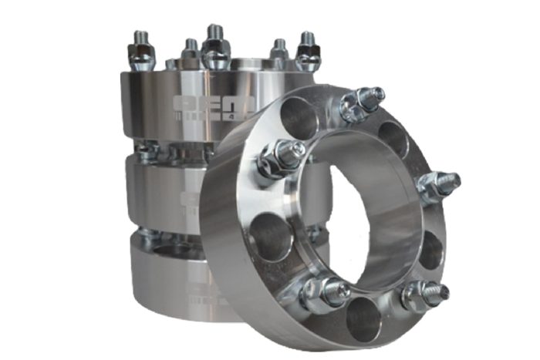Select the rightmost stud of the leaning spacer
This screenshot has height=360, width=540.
coord(437,186)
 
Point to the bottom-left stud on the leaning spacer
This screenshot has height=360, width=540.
coord(322,291)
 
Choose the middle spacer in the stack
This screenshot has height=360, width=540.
coord(166,193)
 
